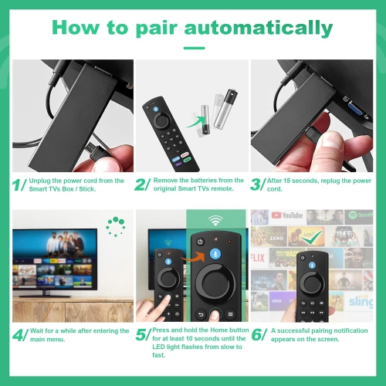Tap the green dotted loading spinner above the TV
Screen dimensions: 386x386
tap(116, 226)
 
